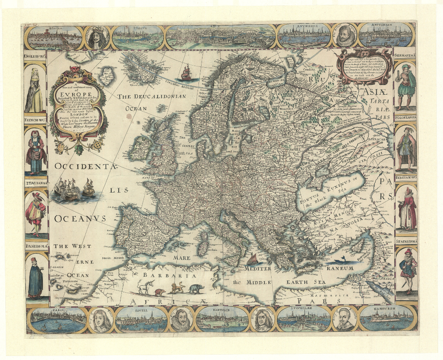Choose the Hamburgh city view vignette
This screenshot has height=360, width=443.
pyautogui.click(x=386, y=318)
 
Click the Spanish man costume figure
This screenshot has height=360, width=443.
pyautogui.click(x=407, y=271)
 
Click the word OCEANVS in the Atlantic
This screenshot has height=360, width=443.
pyautogui.click(x=80, y=219)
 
